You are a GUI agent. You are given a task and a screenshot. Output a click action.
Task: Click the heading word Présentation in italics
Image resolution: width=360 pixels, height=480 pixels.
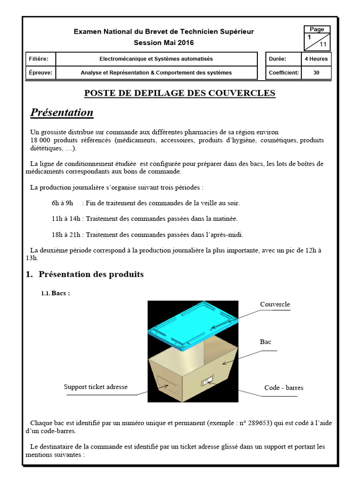(62, 112)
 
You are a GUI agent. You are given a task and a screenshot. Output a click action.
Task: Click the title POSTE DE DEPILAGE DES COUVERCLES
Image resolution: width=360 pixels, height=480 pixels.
(180, 93)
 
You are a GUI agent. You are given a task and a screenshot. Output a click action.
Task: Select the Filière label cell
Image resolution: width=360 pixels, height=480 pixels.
(41, 59)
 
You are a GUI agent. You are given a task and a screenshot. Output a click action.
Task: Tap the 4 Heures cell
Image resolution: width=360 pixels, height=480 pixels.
(316, 59)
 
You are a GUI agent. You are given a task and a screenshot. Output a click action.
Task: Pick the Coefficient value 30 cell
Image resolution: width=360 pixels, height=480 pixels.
(316, 73)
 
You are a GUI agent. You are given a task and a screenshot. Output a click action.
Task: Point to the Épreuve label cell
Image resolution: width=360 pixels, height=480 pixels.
(41, 73)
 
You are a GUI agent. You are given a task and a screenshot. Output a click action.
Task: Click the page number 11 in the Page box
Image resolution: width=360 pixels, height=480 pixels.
(323, 45)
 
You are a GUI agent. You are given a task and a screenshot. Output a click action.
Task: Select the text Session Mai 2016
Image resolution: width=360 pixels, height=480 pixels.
(164, 43)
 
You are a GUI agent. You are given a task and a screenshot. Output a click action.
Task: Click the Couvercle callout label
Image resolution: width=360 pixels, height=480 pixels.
(275, 305)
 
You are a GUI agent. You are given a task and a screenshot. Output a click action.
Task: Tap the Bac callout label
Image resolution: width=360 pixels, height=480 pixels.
(265, 342)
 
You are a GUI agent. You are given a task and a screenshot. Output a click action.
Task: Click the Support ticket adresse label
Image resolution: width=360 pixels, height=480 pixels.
(96, 387)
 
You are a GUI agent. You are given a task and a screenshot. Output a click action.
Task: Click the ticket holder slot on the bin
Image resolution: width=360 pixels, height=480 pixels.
(166, 384)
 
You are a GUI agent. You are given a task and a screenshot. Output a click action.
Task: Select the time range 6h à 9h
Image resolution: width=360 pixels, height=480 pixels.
(63, 203)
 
